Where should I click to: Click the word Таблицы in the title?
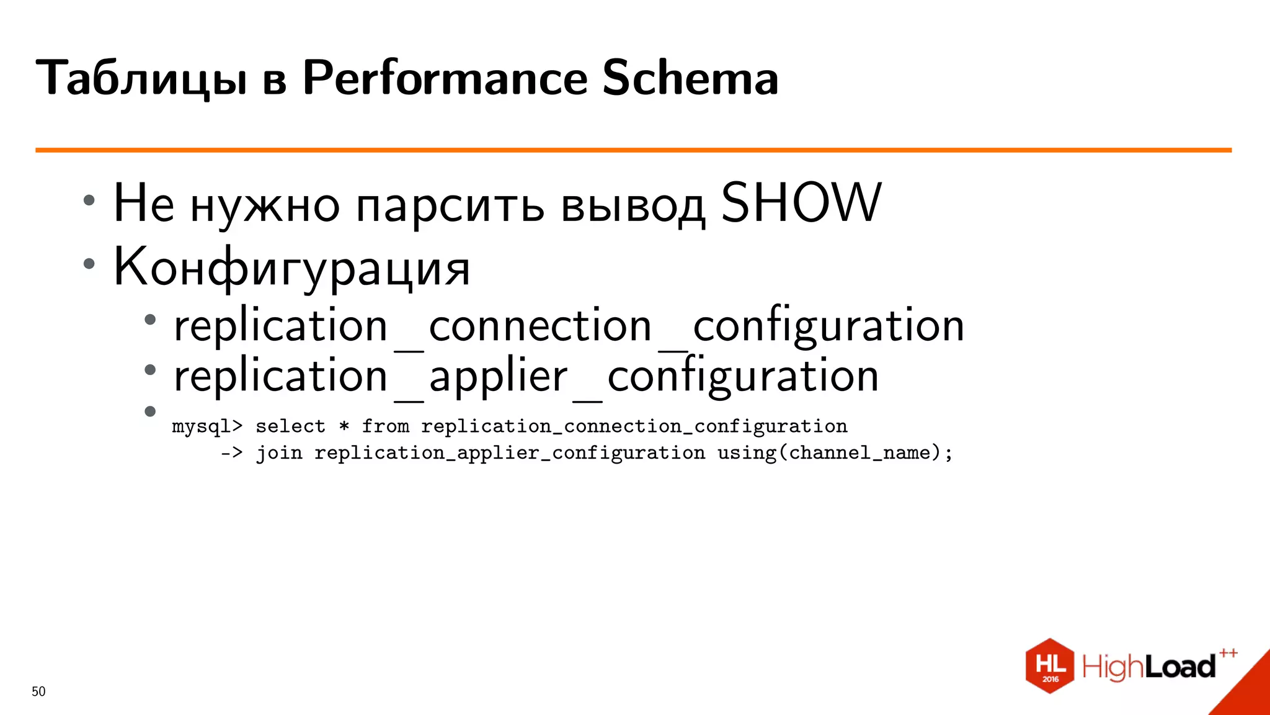click(x=142, y=79)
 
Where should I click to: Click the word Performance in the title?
click(x=445, y=79)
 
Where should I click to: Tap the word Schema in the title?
click(x=690, y=79)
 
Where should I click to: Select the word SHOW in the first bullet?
click(x=801, y=203)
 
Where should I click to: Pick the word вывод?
click(x=633, y=205)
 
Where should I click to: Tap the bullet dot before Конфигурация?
click(x=89, y=264)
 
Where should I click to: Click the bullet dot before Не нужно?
click(x=89, y=200)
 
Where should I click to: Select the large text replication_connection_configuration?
click(x=569, y=326)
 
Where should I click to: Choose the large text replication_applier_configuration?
click(x=526, y=377)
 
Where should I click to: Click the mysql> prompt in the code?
click(x=207, y=427)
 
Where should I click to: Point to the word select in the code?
click(x=290, y=426)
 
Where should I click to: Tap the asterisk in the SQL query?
click(x=344, y=426)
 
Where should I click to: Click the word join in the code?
click(x=279, y=453)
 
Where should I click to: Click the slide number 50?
click(x=38, y=691)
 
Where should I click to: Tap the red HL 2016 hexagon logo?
click(x=1049, y=666)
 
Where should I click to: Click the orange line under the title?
click(x=633, y=150)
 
